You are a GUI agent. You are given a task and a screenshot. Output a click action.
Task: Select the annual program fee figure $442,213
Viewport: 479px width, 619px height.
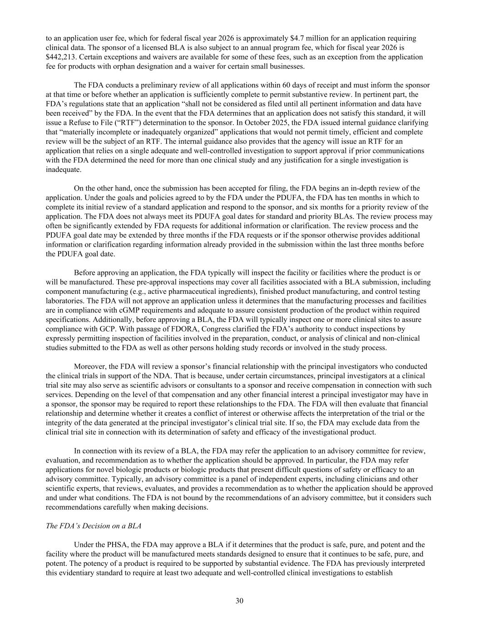[x=61, y=57]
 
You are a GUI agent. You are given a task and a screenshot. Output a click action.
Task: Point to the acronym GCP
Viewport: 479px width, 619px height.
[x=106, y=329]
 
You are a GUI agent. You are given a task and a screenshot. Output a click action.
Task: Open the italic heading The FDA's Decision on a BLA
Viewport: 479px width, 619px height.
[x=94, y=526]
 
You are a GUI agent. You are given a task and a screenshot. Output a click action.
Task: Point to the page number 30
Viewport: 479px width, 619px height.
[x=239, y=601]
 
